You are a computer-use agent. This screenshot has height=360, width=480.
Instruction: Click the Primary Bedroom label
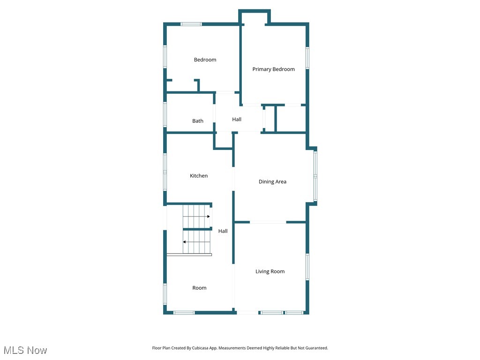click(x=273, y=69)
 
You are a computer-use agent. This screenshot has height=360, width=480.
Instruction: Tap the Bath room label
click(x=198, y=121)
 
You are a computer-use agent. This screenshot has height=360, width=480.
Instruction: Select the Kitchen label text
click(x=199, y=176)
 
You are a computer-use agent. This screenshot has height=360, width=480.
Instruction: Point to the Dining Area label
click(x=272, y=182)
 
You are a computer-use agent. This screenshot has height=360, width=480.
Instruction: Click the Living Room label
click(x=270, y=271)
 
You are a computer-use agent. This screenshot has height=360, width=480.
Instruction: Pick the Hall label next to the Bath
click(x=237, y=120)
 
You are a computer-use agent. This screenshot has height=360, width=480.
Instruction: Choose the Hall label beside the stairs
click(x=223, y=231)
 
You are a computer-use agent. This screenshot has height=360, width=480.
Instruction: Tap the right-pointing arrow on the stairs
click(x=208, y=217)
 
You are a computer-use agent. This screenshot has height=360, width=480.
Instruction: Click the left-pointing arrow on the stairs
click(x=185, y=242)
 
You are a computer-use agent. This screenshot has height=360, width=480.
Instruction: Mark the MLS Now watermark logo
click(x=25, y=350)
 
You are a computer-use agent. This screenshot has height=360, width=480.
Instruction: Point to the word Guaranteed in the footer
click(x=316, y=348)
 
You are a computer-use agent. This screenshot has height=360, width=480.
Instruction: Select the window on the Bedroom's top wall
click(x=191, y=24)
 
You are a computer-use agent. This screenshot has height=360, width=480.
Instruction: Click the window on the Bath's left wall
click(x=165, y=114)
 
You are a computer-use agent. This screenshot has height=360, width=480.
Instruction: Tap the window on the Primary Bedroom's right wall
click(x=307, y=58)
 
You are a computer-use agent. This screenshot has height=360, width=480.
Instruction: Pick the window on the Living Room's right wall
click(x=307, y=267)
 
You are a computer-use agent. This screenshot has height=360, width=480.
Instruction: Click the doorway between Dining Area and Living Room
click(x=268, y=222)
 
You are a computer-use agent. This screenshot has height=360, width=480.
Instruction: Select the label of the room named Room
click(x=199, y=288)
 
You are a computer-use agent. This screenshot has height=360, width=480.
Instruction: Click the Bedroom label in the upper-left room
click(x=205, y=60)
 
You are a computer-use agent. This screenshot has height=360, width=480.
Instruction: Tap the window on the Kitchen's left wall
click(x=165, y=172)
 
